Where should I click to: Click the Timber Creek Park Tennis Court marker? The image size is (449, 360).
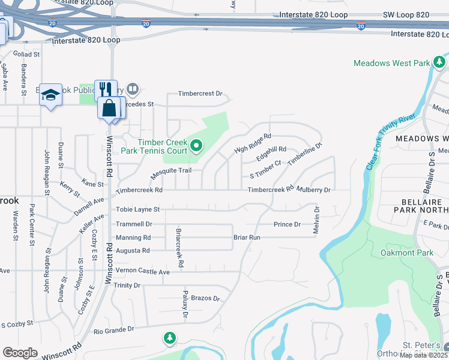[x=196, y=146]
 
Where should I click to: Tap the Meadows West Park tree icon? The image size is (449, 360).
[x=440, y=62]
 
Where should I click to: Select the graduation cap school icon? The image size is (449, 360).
[x=51, y=95]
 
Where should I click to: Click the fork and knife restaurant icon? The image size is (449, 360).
[x=105, y=89]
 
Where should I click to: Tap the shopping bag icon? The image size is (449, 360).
[x=109, y=109]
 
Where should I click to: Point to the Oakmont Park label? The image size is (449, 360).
[x=407, y=253]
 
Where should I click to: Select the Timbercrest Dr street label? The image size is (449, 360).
[x=200, y=94]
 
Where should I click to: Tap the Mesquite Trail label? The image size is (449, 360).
[x=170, y=170]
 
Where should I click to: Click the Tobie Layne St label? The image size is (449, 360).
[x=138, y=209]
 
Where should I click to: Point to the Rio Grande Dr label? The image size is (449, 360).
[x=113, y=331]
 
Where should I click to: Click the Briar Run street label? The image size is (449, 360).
[x=247, y=238]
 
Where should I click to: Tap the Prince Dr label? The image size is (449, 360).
[x=287, y=224]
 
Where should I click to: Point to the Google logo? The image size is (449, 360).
[x=20, y=353]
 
